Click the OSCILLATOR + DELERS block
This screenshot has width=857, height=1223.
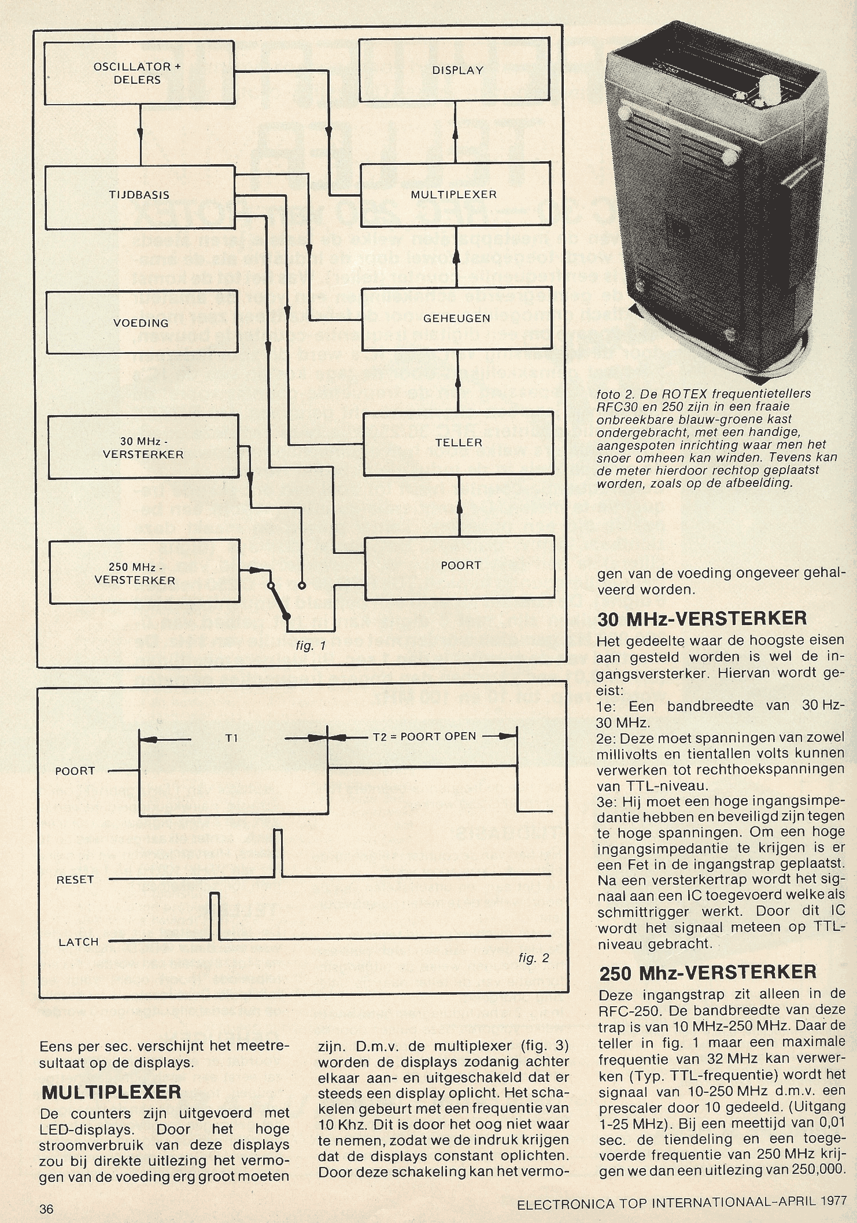[x=139, y=73]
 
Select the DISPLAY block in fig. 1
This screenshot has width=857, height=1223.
[x=455, y=70]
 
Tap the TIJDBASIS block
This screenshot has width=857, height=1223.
[x=139, y=195]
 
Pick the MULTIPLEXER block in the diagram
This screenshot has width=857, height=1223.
[x=455, y=195]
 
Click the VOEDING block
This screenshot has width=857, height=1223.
[x=141, y=323]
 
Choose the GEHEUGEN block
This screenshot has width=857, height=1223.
[x=457, y=319]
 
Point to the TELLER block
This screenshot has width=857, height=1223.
[x=458, y=443]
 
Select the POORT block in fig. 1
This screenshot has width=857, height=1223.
[x=460, y=566]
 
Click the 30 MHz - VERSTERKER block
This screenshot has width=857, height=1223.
[x=143, y=448]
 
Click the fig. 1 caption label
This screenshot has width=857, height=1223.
[x=311, y=645]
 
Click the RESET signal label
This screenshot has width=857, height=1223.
[x=75, y=880]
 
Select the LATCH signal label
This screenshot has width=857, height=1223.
[x=79, y=942]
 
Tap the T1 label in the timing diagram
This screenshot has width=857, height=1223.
[x=232, y=738]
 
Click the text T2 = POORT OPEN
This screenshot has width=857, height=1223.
[x=424, y=737]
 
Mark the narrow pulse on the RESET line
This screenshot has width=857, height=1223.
[x=278, y=853]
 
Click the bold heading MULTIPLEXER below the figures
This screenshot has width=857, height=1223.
[x=112, y=1092]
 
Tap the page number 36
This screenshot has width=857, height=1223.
[x=46, y=1209]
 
